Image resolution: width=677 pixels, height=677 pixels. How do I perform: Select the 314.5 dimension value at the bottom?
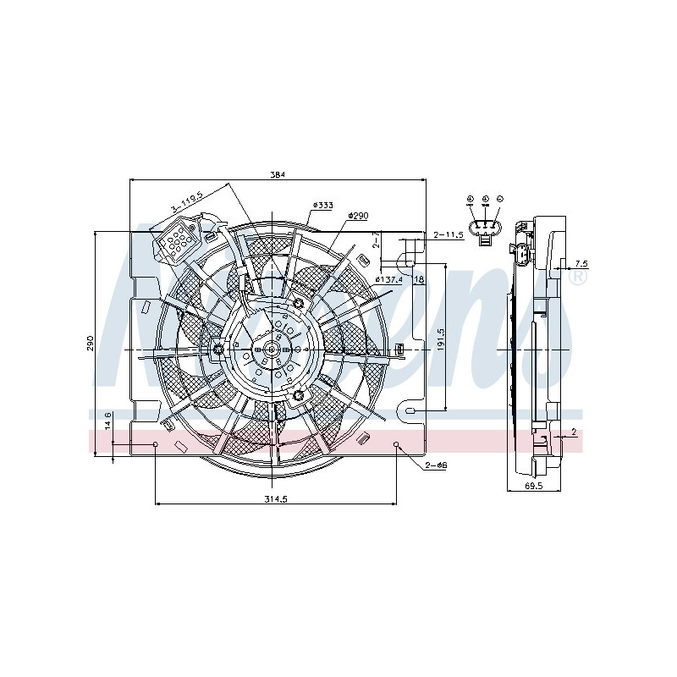277,498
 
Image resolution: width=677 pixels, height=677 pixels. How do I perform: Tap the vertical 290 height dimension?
90,343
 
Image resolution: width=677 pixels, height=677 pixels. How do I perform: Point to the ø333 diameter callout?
322,205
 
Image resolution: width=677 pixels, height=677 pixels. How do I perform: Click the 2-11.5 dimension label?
449,234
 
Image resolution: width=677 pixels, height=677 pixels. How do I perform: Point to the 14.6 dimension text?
107,420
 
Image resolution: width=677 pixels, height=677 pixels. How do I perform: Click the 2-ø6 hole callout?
437,466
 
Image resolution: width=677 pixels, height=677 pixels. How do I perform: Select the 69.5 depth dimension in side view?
534,487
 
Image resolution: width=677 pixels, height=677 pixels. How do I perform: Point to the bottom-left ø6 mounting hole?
156,443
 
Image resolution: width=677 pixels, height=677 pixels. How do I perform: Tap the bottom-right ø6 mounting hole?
398,443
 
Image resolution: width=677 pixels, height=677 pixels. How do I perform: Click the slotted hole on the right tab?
411,411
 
